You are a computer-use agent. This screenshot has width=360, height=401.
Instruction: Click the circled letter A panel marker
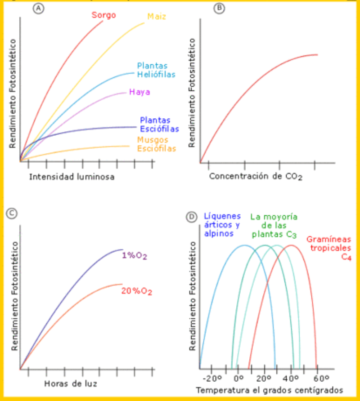[40, 8]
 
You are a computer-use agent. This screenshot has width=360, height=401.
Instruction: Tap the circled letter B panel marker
[219, 8]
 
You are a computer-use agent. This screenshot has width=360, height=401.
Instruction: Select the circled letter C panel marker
[13, 213]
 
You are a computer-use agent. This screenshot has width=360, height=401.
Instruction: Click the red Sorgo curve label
[103, 15]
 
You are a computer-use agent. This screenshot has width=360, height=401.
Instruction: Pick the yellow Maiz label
[157, 17]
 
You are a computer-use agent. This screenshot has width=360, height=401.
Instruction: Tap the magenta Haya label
[139, 92]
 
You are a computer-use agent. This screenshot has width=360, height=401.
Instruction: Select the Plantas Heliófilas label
[156, 70]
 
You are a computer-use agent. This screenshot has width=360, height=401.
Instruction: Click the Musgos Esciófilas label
[156, 144]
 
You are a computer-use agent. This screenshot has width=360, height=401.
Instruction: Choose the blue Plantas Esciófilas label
[159, 125]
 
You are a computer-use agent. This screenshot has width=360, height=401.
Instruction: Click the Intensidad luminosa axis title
[72, 177]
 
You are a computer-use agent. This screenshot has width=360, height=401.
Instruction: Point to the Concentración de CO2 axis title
[255, 177]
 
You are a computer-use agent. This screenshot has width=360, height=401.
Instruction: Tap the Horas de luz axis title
[71, 383]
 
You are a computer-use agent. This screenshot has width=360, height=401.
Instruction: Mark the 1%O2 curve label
[135, 256]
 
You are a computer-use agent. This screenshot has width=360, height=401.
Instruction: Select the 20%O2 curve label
[136, 291]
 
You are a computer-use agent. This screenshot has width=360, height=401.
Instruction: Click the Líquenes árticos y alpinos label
[222, 225]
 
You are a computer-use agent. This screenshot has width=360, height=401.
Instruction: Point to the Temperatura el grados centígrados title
[270, 389]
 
